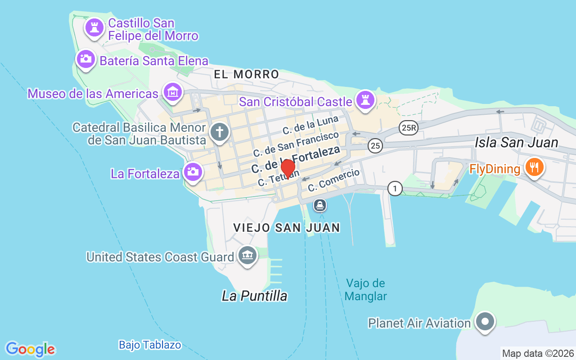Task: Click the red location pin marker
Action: coord(288,169)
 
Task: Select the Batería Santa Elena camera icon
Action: coord(85,59)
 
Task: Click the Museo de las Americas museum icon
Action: coord(173,92)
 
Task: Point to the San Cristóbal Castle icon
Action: coord(365,99)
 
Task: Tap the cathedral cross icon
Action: coord(220,132)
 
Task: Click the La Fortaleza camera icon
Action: coord(193,172)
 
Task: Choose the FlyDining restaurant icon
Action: coord(534,168)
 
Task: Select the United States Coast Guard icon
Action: coord(247,256)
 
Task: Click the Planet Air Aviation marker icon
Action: coord(485,322)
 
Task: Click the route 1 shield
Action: coord(395,189)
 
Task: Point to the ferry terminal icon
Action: coord(320,206)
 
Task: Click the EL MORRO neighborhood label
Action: coord(246,74)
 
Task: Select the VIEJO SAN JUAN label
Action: coord(287,228)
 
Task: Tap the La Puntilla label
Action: coord(254,296)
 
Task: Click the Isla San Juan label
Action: coord(516,143)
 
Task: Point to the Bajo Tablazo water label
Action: coord(150,345)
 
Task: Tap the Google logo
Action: coord(30,349)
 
